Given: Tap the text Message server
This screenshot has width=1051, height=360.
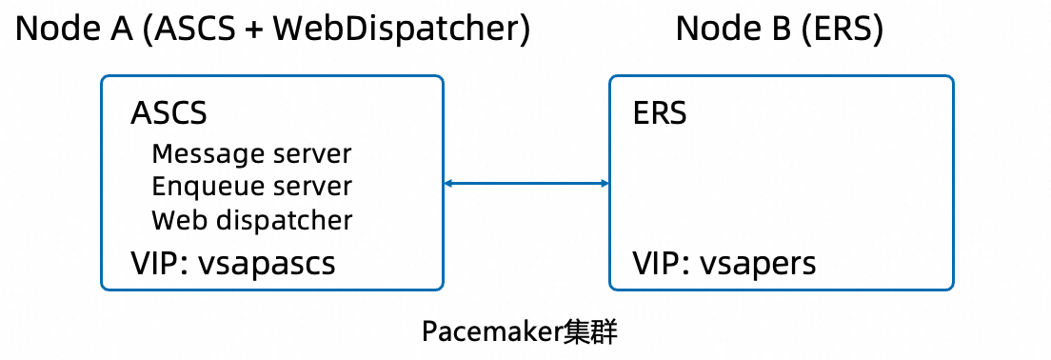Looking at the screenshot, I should [x=251, y=153].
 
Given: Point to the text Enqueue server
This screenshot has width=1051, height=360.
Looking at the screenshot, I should [x=251, y=187].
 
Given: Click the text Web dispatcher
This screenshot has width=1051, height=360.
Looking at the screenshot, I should [x=251, y=221].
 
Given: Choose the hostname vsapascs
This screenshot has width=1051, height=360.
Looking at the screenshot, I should [x=267, y=263].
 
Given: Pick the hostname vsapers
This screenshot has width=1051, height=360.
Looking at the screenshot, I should [x=758, y=263].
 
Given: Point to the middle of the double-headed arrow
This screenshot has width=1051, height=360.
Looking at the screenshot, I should [x=526, y=183].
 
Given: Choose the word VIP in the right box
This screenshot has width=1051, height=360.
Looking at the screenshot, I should [x=656, y=263].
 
